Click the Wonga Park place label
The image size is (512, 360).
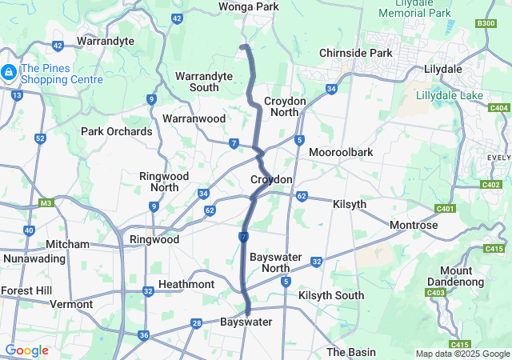pos(248,7)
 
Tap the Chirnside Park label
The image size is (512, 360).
pos(356,53)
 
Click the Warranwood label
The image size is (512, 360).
pos(194,118)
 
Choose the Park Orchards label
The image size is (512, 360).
pos(117,131)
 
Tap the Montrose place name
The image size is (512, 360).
pos(414,226)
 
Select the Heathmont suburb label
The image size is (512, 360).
pos(186,285)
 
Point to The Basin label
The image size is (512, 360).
pos(351,352)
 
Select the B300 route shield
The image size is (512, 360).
pos(486,23)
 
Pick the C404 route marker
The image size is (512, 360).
pos(499,107)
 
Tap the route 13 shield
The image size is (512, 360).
pos(18,95)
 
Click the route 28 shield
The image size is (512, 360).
pos(196,323)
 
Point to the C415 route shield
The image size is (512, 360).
pos(494,250)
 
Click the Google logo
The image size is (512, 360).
pos(26,350)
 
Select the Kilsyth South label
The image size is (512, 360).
pos(331,296)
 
